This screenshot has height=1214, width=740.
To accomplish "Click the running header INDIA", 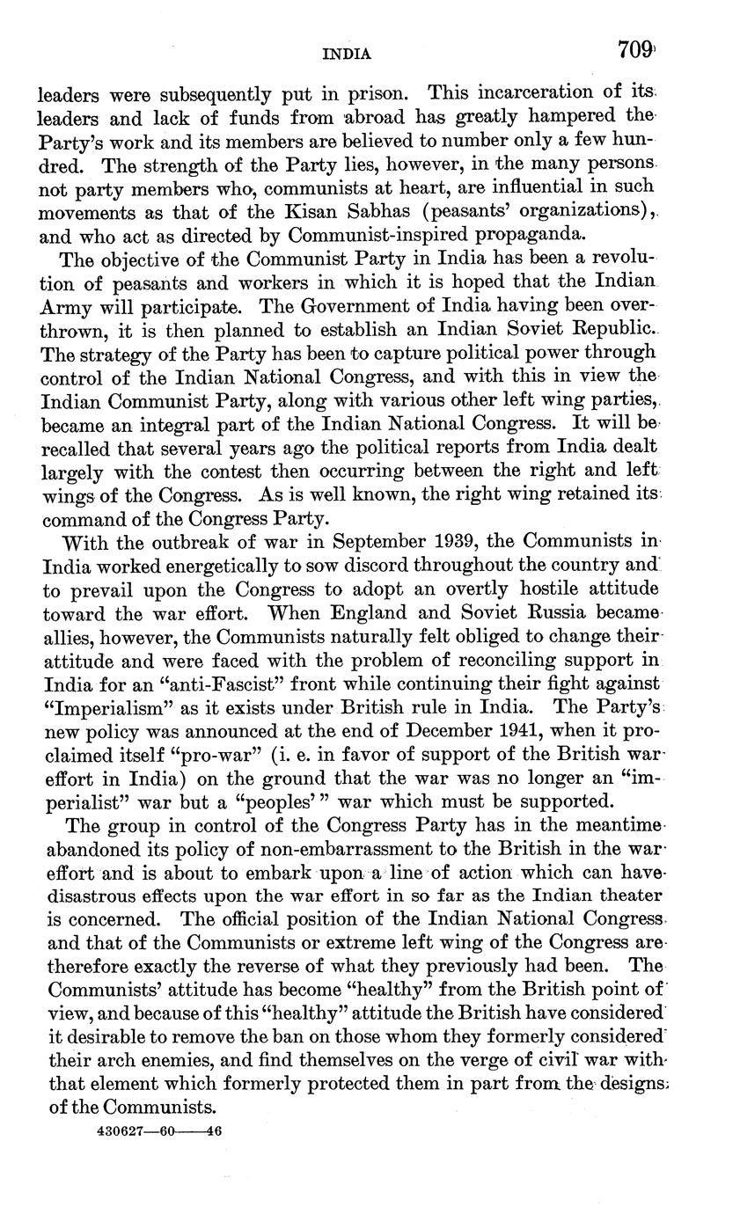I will pos(348,55).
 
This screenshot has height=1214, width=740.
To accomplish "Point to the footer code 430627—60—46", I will pos(158,1133).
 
